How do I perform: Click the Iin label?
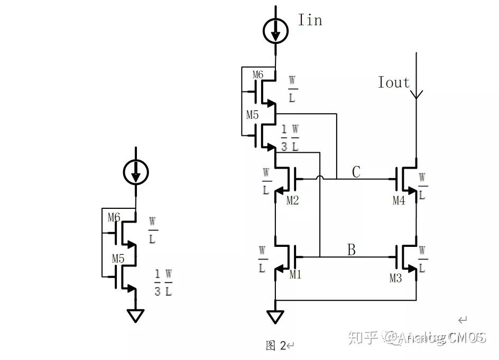pyautogui.click(x=310, y=20)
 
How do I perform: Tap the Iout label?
pyautogui.click(x=393, y=82)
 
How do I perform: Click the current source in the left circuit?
pyautogui.click(x=136, y=172)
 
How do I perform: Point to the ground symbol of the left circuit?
pyautogui.click(x=136, y=316)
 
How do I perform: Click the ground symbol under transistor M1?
pyautogui.click(x=275, y=317)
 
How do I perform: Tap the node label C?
pyautogui.click(x=356, y=172)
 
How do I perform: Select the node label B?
pyautogui.click(x=351, y=250)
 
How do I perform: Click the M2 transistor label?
pyautogui.click(x=292, y=200)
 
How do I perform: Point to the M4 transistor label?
pyautogui.click(x=399, y=200)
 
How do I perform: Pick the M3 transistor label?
pyautogui.click(x=395, y=278)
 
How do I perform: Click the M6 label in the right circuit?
pyautogui.click(x=257, y=75)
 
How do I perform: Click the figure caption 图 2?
pyautogui.click(x=276, y=346)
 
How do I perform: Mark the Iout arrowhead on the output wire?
pyautogui.click(x=417, y=95)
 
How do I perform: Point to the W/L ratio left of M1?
pyautogui.click(x=262, y=259)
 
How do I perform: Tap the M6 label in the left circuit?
pyautogui.click(x=114, y=217)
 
